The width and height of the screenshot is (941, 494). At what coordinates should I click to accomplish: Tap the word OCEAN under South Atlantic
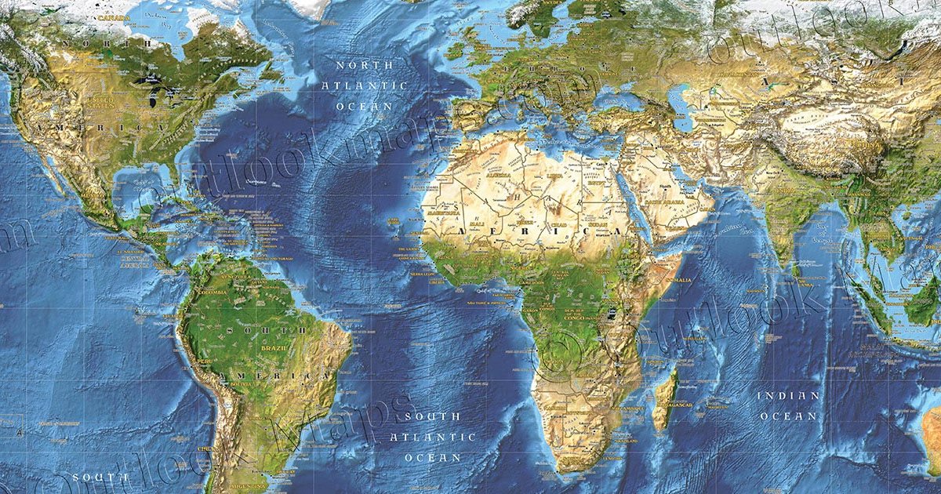click(x=433, y=457)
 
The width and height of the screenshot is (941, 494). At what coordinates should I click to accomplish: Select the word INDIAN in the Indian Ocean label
click(x=788, y=396)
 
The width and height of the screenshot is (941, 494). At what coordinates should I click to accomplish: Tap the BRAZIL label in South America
click(x=274, y=347)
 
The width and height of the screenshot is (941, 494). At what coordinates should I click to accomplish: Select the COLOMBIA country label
click(x=213, y=292)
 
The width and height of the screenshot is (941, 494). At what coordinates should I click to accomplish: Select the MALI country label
click(x=477, y=223)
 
